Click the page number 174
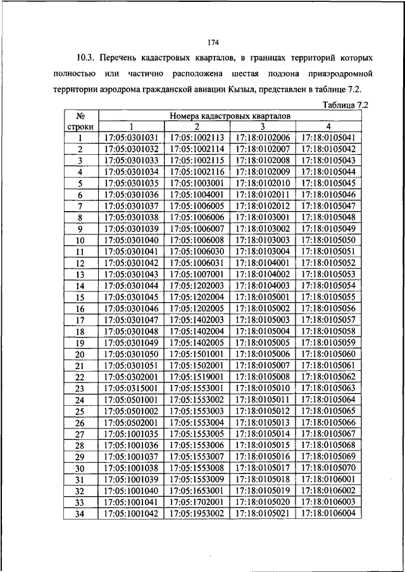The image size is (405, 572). tap(213, 43)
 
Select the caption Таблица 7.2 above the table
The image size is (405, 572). tap(345, 105)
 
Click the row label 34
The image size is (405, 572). tap(80, 514)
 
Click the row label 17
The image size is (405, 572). tap(80, 320)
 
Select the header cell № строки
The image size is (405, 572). tap(80, 121)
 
